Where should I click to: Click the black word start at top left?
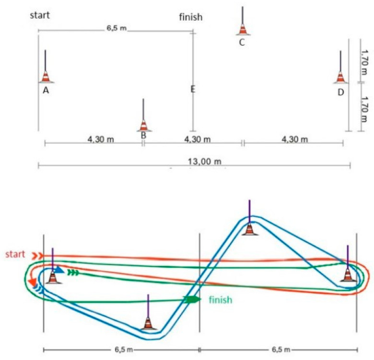pos(40,15)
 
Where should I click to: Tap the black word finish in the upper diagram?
pos(191,17)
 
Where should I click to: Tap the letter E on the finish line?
pos(193,90)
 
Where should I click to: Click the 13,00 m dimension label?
pos(205,162)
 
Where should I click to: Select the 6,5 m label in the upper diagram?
pos(117,28)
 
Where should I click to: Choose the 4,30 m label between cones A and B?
pos(101,139)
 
